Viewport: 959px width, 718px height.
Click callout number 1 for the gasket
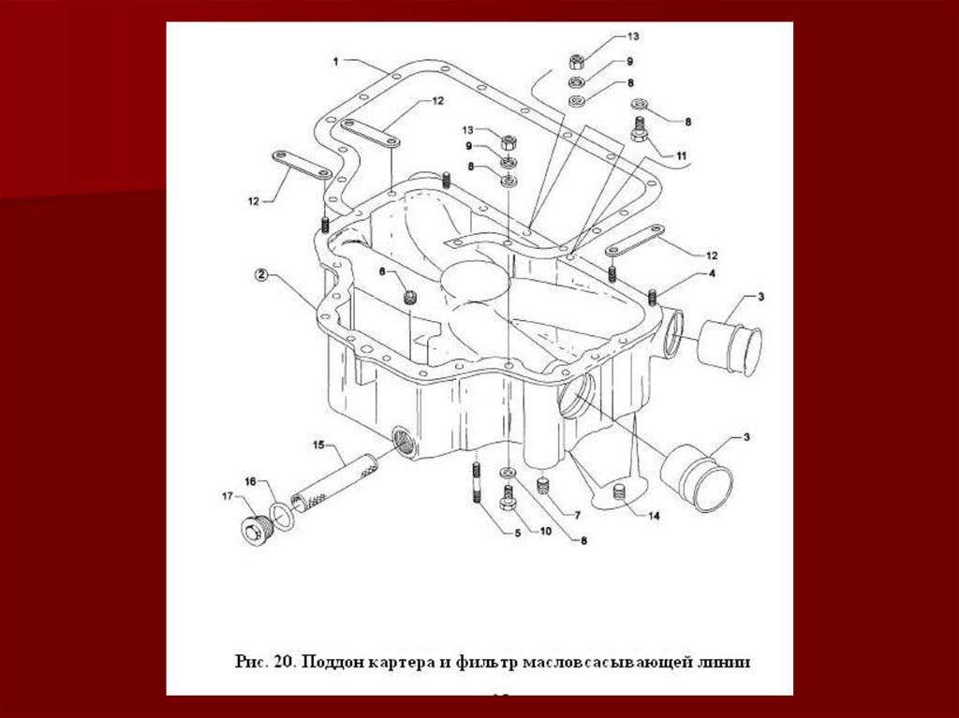335,62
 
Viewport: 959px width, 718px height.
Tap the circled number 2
261,276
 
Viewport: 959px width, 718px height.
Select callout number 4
712,274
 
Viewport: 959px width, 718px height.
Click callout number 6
382,271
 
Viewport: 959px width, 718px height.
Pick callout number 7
577,514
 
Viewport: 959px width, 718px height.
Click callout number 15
317,443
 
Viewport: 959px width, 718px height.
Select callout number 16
250,481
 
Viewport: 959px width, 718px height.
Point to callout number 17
227,496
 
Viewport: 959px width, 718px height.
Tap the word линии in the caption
721,662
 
